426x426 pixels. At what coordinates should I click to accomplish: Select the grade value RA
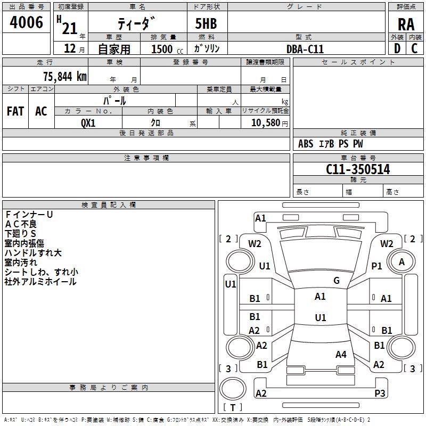tap(406, 24)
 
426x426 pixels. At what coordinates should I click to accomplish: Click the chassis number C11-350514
tap(358, 170)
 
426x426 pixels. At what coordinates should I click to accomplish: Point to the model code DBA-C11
tap(305, 49)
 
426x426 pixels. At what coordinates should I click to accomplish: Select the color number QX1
tap(88, 122)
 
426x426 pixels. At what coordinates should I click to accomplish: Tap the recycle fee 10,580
tap(265, 122)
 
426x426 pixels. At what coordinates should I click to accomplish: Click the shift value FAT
tap(15, 111)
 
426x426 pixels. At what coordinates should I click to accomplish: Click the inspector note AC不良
tap(21, 224)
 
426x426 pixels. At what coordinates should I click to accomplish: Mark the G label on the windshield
tap(337, 281)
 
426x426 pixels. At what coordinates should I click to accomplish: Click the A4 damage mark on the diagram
tap(341, 355)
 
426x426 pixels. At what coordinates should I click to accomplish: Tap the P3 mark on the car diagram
tap(380, 393)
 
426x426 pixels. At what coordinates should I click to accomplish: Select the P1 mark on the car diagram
tap(376, 266)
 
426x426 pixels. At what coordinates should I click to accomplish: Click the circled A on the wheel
tap(402, 261)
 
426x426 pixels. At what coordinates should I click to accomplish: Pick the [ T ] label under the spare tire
tap(232, 408)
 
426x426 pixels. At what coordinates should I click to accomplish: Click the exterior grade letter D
tap(397, 48)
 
